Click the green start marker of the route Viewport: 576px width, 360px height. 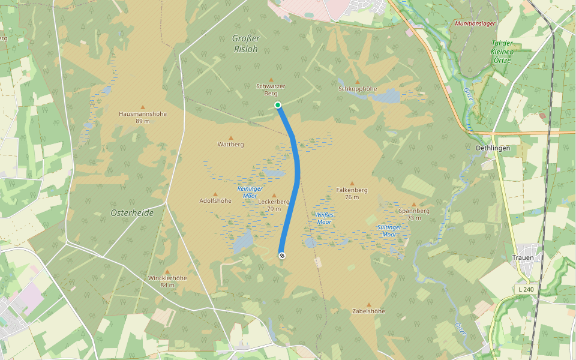(278, 106)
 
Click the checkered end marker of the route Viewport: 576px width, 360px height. (281, 256)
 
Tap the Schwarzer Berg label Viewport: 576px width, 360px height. (271, 90)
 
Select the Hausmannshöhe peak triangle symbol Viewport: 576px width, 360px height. (142, 107)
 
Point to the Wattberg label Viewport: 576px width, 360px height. (230, 145)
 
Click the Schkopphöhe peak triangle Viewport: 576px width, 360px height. (358, 82)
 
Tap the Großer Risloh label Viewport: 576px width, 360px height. (245, 44)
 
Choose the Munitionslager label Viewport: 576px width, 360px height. (475, 24)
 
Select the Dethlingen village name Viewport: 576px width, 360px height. (492, 148)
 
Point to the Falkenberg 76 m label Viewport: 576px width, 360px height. (352, 193)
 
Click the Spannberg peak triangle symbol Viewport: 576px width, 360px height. (414, 205)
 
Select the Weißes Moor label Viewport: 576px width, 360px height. (323, 218)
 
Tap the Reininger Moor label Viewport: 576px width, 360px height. (247, 192)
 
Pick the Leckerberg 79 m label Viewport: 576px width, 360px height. (274, 205)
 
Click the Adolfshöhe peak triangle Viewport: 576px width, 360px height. (215, 194)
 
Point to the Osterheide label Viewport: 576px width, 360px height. (132, 213)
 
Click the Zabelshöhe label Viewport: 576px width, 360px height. (369, 311)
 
